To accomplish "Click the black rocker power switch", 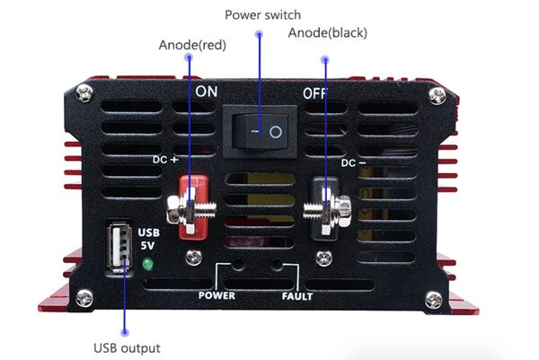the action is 260,132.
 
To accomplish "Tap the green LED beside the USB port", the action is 147,264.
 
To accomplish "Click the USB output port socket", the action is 119,246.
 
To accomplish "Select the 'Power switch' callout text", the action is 263,14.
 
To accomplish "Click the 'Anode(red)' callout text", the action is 192,45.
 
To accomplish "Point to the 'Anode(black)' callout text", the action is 328,32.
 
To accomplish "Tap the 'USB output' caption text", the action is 127,348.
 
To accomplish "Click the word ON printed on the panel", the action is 207,92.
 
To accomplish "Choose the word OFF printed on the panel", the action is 314,93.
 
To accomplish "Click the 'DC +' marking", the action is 165,160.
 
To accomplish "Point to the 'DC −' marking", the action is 353,162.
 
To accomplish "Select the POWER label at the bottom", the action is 216,295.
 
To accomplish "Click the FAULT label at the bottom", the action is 297,296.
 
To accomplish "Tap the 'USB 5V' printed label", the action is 148,239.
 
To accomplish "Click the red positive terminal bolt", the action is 191,209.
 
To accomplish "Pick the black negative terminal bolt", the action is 327,210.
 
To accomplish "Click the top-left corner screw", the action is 84,93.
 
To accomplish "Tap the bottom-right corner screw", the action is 434,301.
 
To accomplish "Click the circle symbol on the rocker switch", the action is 276,132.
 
